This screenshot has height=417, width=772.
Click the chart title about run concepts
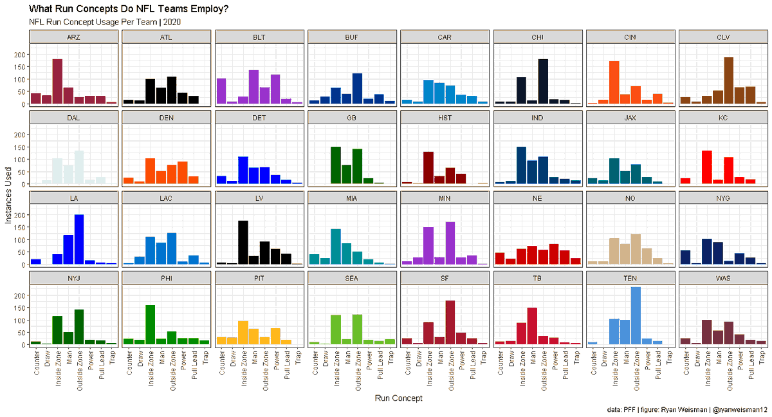(x=129, y=9)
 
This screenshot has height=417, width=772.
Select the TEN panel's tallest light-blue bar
(x=636, y=316)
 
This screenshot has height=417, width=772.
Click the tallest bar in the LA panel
(x=79, y=239)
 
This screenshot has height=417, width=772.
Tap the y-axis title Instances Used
(x=8, y=193)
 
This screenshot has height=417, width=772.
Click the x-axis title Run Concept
(x=398, y=398)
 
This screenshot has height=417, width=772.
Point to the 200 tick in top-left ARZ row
(x=19, y=54)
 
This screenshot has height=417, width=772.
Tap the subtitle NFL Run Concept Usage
(x=106, y=22)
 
